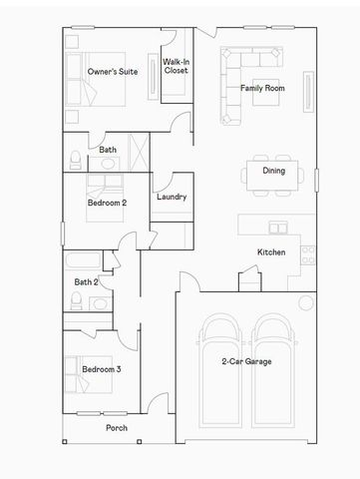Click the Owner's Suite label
111,72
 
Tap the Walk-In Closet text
176,67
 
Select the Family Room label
262,88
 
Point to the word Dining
274,171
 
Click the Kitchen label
271,251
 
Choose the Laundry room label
172,197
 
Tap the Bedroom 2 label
107,203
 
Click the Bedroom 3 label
102,369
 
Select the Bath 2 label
86,281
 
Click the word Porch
117,427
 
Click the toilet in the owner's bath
76,161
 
